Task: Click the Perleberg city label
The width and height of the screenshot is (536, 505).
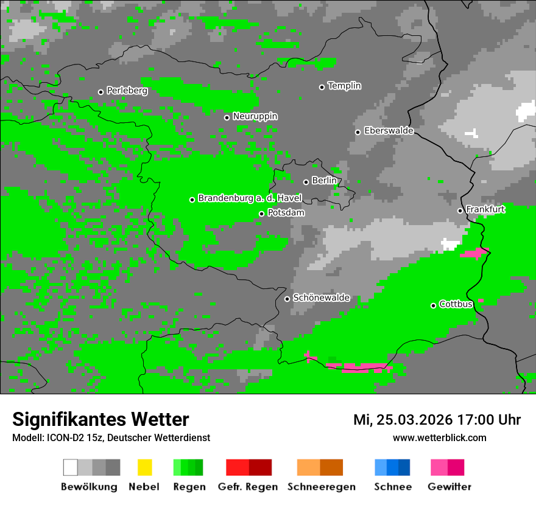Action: click(x=127, y=91)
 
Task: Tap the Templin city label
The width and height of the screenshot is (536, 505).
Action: click(x=344, y=86)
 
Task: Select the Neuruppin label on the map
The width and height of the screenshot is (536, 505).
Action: click(x=255, y=116)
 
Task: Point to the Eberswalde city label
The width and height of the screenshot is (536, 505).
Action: click(x=389, y=131)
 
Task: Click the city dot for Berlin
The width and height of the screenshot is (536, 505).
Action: click(x=306, y=182)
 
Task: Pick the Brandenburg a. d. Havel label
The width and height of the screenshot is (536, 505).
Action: click(x=250, y=198)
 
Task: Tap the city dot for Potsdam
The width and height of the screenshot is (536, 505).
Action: click(x=261, y=214)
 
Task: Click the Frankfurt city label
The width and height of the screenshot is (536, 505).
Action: click(x=485, y=209)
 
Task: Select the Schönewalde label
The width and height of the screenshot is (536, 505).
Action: click(x=321, y=298)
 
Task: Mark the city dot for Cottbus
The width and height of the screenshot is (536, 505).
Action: click(x=433, y=305)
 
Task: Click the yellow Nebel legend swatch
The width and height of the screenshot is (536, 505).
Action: click(x=144, y=467)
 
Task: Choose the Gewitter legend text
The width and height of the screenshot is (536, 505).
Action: click(x=450, y=487)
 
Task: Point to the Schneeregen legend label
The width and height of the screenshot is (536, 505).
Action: click(x=322, y=487)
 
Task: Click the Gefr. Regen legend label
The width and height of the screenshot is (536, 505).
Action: click(x=247, y=487)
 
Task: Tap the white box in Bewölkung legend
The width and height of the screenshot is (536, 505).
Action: click(x=70, y=467)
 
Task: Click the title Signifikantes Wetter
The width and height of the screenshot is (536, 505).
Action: click(x=100, y=420)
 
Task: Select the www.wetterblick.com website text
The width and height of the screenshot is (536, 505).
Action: click(x=439, y=437)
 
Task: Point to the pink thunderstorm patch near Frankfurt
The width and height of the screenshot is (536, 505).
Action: click(x=475, y=252)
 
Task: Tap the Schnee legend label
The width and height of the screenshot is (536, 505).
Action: click(x=393, y=487)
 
